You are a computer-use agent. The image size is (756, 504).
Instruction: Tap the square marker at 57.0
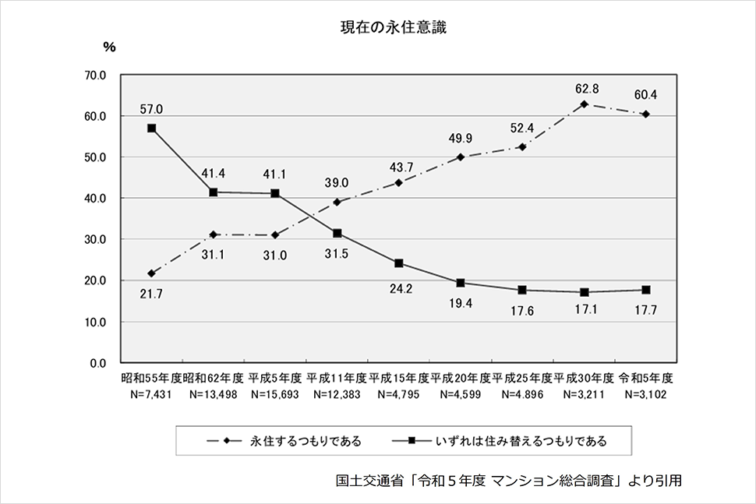151,129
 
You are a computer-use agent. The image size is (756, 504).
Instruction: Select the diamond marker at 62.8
584,104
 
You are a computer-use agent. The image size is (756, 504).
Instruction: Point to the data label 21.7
150,294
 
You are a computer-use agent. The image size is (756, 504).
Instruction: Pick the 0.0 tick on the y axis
99,362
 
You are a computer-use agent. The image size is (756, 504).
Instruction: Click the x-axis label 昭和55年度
151,378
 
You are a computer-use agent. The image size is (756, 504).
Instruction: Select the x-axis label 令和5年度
645,378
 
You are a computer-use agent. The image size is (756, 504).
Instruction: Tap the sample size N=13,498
213,393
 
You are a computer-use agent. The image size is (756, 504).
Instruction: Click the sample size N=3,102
645,393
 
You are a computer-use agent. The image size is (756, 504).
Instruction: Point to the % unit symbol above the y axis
109,48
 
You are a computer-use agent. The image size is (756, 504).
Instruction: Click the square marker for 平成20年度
460,283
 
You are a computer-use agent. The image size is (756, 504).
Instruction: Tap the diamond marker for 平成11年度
337,202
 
